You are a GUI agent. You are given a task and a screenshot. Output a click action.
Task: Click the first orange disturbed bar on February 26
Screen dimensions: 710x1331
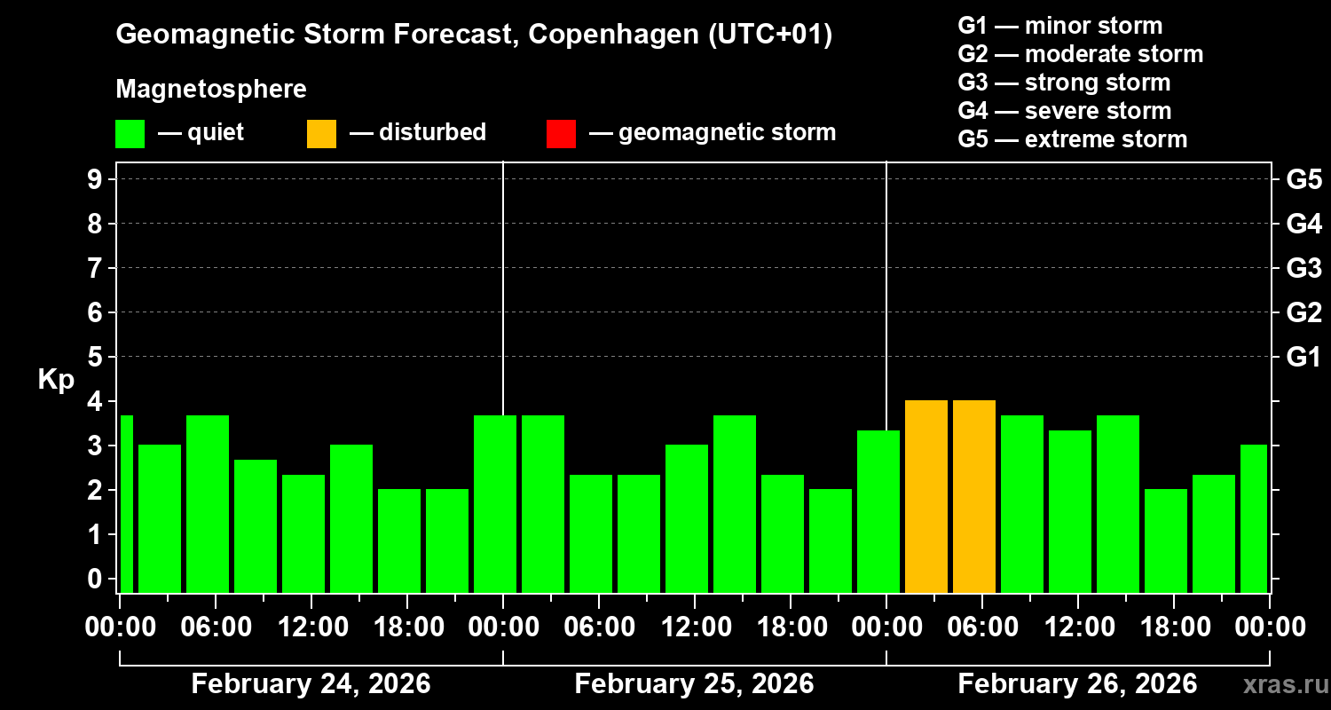click(926, 496)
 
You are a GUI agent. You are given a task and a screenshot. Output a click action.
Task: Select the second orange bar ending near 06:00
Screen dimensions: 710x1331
click(974, 496)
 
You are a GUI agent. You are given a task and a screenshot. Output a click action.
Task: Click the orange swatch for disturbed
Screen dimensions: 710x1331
click(321, 133)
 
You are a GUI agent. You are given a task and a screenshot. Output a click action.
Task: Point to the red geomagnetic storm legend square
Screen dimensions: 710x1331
click(561, 133)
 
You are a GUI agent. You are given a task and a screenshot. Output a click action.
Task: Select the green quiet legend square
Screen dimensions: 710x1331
click(130, 133)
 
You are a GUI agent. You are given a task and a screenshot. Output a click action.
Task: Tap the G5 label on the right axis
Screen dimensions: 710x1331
click(1303, 179)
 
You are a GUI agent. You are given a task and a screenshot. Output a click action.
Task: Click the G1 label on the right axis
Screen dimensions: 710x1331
click(1303, 358)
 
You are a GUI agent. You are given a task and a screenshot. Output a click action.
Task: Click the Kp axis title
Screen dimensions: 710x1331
click(56, 380)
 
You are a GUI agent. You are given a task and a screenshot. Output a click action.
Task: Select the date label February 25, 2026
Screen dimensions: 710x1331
click(694, 684)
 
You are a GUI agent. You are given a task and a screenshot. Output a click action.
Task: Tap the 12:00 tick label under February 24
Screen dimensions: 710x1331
click(312, 627)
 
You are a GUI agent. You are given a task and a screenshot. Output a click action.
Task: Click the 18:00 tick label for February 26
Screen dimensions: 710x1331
click(1173, 627)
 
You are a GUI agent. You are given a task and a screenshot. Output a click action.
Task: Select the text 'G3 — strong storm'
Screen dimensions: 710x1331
click(1064, 83)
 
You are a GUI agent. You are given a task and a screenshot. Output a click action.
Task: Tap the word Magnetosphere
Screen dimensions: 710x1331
click(211, 90)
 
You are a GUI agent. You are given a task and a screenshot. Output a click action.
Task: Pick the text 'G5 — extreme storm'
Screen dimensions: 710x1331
click(1072, 139)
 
